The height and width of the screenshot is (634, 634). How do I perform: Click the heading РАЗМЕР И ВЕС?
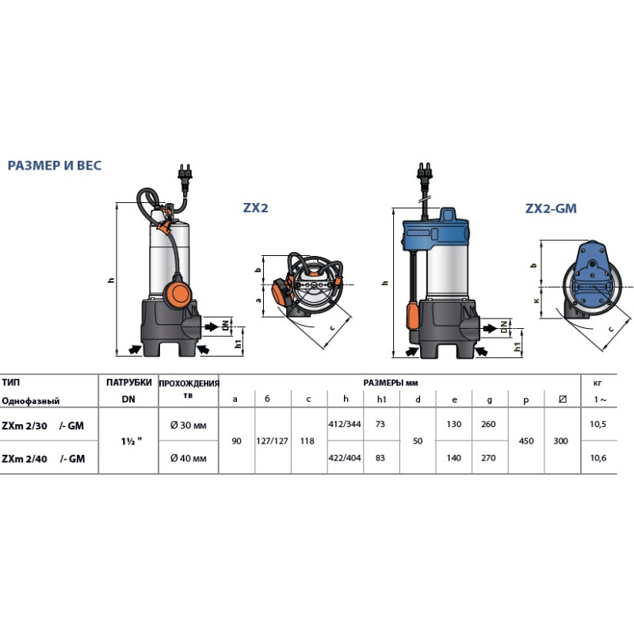click(x=55, y=166)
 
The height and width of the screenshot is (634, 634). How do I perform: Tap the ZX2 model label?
click(x=255, y=208)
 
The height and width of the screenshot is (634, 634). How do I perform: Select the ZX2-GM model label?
click(x=551, y=208)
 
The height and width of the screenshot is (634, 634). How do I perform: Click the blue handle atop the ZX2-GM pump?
click(x=448, y=215)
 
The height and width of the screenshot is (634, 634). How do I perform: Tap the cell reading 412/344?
click(x=345, y=424)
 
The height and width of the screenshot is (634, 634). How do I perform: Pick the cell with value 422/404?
click(x=345, y=458)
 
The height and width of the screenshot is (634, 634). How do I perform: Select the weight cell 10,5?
click(x=598, y=424)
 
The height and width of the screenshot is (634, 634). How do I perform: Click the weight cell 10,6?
click(x=598, y=458)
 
